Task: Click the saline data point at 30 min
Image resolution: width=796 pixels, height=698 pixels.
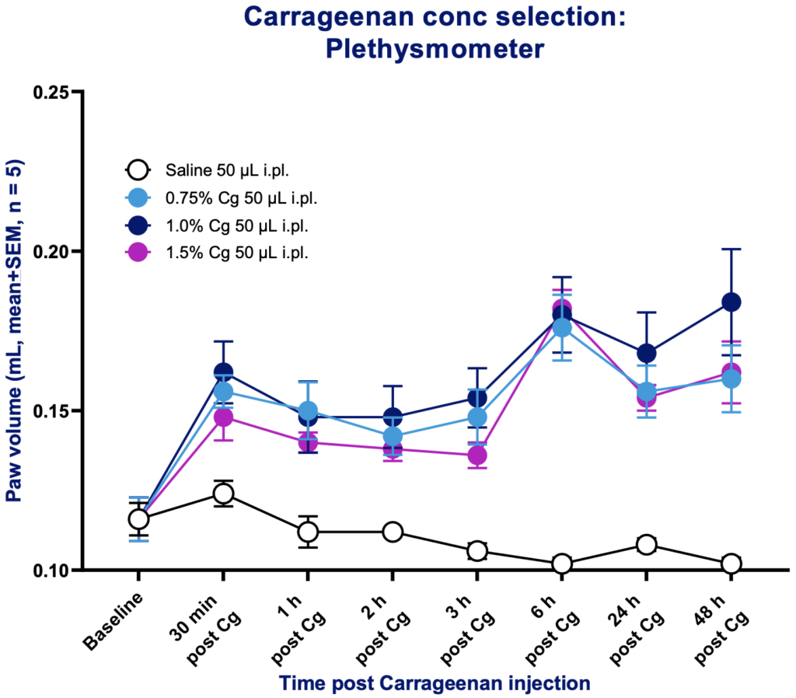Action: [x=223, y=493]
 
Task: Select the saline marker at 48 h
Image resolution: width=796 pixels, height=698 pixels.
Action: [x=731, y=563]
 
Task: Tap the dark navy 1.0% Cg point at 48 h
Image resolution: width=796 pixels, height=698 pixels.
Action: [x=731, y=302]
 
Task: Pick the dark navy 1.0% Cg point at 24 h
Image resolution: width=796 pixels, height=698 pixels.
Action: [x=646, y=354]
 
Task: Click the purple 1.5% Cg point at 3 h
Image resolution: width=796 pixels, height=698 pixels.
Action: [x=477, y=455]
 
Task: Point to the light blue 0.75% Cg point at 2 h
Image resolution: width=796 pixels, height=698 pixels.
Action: [x=393, y=436]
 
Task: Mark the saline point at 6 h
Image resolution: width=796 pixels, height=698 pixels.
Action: [x=561, y=563]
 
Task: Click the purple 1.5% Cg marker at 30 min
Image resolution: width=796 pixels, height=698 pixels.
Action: [x=223, y=417]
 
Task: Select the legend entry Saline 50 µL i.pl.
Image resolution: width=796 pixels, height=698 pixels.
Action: [x=222, y=169]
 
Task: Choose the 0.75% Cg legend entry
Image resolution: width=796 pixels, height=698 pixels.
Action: [x=222, y=197]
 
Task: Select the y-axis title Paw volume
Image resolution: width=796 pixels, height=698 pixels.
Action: [x=15, y=330]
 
